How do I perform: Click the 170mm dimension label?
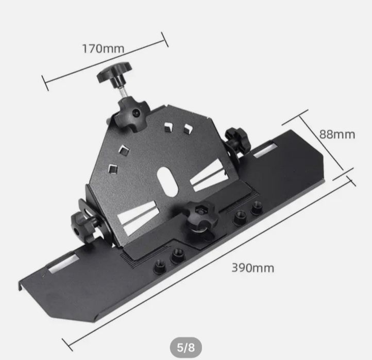[103, 48]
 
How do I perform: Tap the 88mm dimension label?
[337, 134]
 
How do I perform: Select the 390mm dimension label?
[252, 268]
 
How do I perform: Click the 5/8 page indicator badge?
[186, 348]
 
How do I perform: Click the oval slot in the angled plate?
[167, 181]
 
